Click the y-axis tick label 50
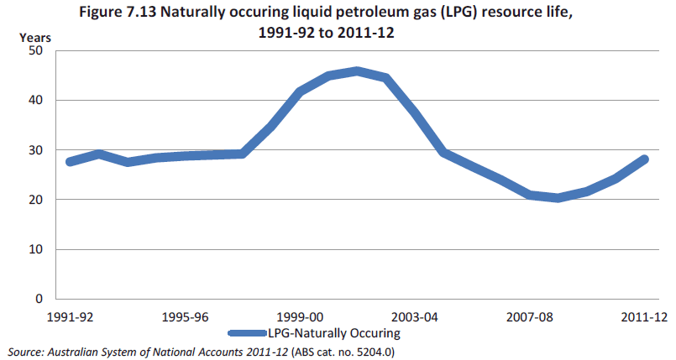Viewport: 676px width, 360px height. [x=36, y=50]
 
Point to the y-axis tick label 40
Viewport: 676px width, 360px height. [x=36, y=100]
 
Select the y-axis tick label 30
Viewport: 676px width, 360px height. [x=36, y=150]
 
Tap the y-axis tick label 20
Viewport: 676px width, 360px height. [x=36, y=200]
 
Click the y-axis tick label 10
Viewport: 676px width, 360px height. [x=36, y=249]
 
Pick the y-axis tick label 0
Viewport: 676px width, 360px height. [x=39, y=299]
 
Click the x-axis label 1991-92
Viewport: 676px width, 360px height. [x=70, y=318]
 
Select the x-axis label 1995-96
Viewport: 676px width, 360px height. [x=185, y=318]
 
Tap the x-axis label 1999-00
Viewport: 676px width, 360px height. [x=300, y=318]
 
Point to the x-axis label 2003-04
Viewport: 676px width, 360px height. [x=415, y=318]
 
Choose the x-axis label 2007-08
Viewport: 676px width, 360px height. [x=530, y=318]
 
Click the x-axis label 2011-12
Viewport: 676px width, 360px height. [x=644, y=318]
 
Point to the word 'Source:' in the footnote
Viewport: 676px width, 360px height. [x=26, y=351]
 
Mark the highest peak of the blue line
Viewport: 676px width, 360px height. [x=357, y=71]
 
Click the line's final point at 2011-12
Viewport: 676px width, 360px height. [x=644, y=159]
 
